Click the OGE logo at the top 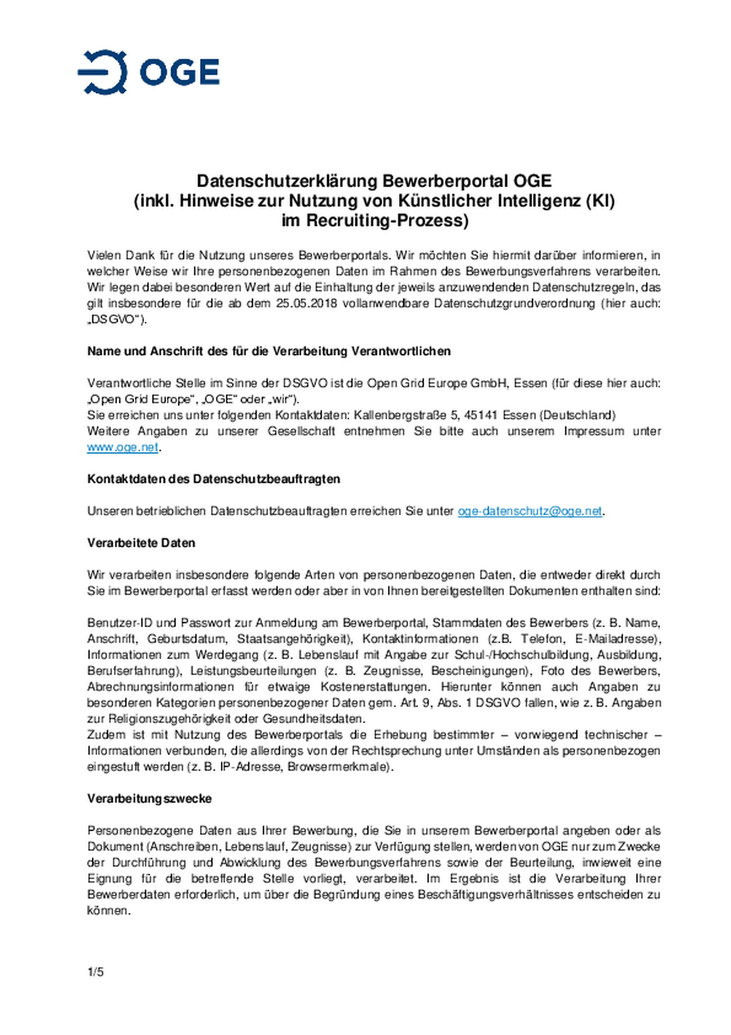coord(148,72)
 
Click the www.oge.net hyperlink coord(122,447)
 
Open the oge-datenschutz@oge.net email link coord(529,511)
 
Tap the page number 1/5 coord(95,972)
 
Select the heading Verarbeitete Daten coord(141,543)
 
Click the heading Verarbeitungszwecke coord(149,798)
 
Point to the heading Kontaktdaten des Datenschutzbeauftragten coord(214,479)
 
